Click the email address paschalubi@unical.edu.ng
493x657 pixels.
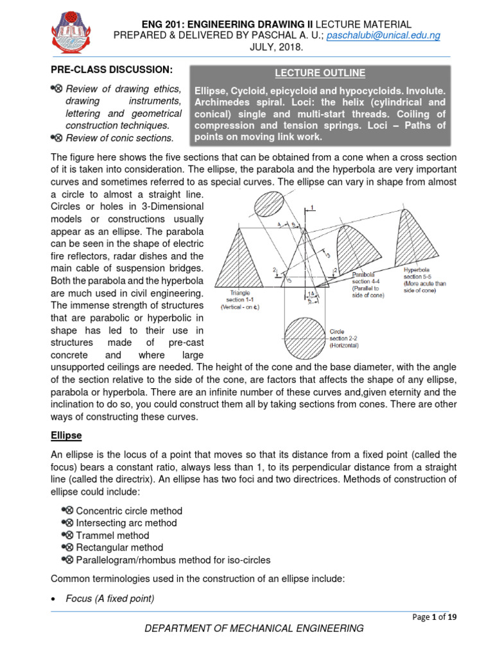(x=383, y=36)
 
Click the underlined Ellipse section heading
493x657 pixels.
(x=66, y=435)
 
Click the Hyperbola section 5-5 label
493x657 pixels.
(x=424, y=276)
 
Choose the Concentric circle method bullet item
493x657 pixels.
(x=129, y=511)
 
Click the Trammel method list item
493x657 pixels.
(x=112, y=535)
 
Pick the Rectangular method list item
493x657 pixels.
(x=119, y=547)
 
